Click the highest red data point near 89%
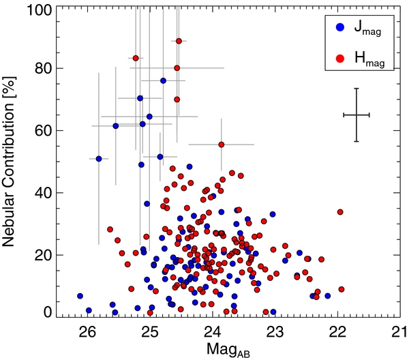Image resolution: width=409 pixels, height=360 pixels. [x=179, y=41]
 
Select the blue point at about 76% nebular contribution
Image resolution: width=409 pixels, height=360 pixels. [x=164, y=80]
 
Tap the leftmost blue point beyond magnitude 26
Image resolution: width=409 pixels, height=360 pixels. [x=80, y=297]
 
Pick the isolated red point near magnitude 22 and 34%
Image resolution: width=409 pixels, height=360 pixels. [x=340, y=212]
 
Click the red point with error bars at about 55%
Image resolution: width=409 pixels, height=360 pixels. [x=222, y=145]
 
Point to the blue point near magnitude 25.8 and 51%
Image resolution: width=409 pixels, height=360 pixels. [x=99, y=159]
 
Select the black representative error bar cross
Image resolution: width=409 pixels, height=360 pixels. [x=356, y=115]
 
